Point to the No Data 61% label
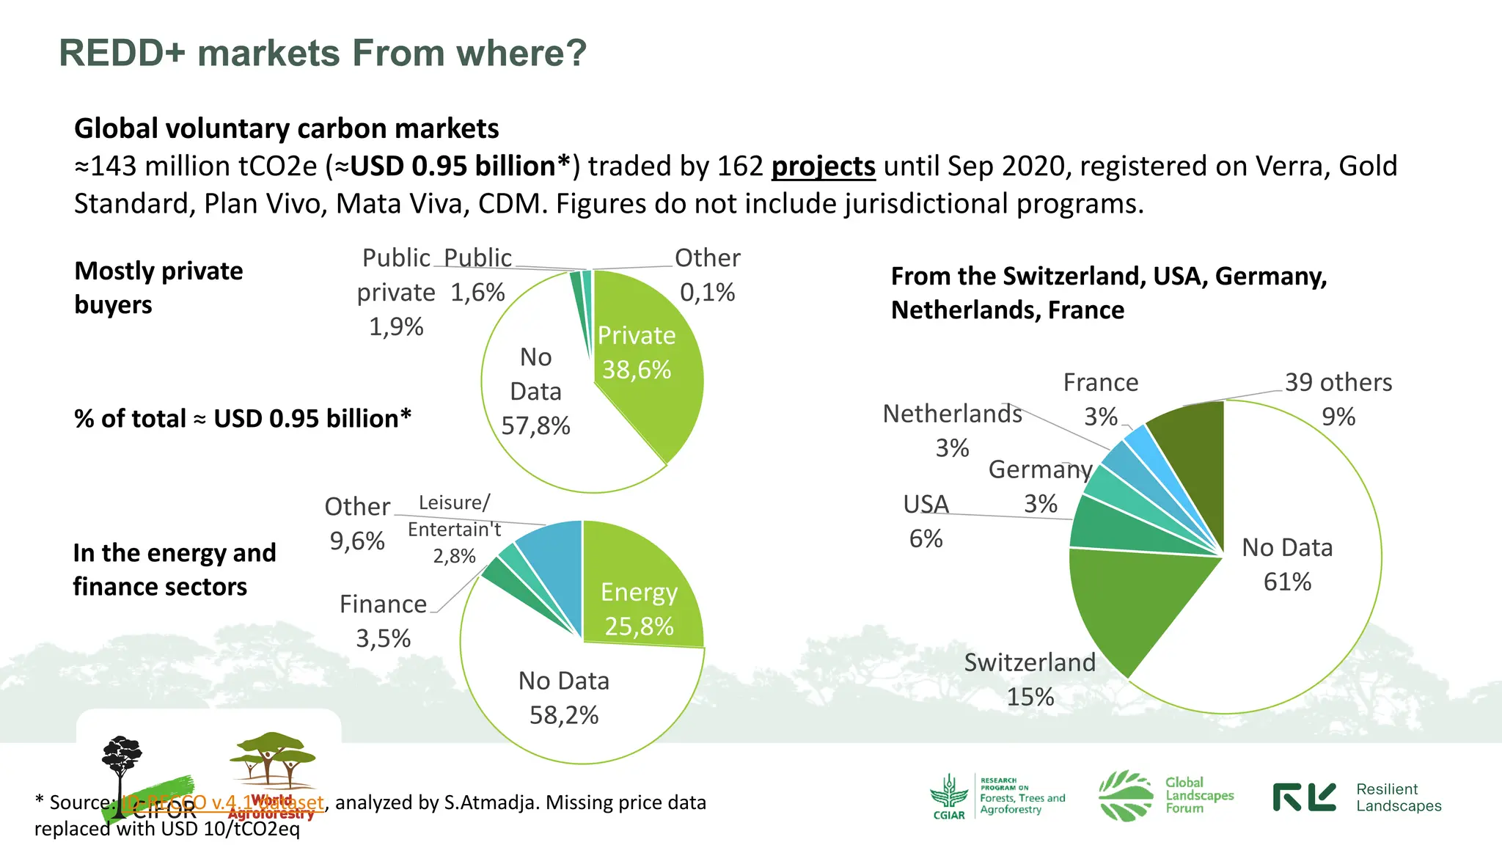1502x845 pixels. (1287, 565)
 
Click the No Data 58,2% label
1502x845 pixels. (563, 698)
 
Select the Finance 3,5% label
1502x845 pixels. (383, 621)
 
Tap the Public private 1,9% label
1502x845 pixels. (396, 292)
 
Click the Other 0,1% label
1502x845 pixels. (707, 275)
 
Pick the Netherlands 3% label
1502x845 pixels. (952, 430)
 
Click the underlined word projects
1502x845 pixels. (823, 167)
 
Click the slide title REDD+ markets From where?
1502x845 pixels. (323, 53)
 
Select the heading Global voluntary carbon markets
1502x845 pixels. (286, 128)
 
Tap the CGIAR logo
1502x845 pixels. (949, 797)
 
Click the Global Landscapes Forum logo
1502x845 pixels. (1166, 796)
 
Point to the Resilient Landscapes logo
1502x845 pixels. (1357, 797)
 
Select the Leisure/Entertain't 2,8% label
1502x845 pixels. (454, 529)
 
